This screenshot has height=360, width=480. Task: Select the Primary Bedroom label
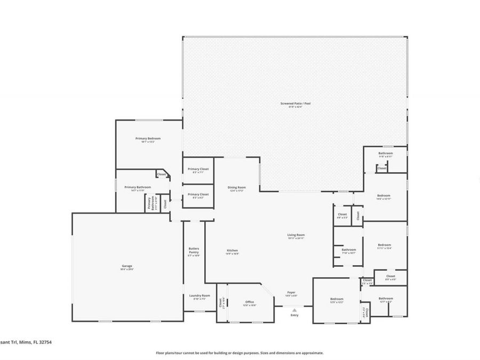(x=148, y=138)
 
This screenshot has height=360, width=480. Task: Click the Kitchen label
(x=232, y=250)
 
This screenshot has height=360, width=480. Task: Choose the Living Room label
(x=296, y=235)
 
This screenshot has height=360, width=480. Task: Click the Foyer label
(x=291, y=292)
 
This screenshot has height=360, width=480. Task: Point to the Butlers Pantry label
(x=194, y=250)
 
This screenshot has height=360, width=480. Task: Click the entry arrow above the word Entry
(x=294, y=309)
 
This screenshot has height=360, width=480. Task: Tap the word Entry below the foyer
(x=294, y=315)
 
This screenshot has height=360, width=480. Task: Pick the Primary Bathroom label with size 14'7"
(x=138, y=187)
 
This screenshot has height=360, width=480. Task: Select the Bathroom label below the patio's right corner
(x=386, y=154)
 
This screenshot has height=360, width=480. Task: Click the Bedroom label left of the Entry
(x=337, y=299)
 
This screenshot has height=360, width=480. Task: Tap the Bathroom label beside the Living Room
(x=349, y=250)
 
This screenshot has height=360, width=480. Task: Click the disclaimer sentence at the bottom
(x=239, y=353)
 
